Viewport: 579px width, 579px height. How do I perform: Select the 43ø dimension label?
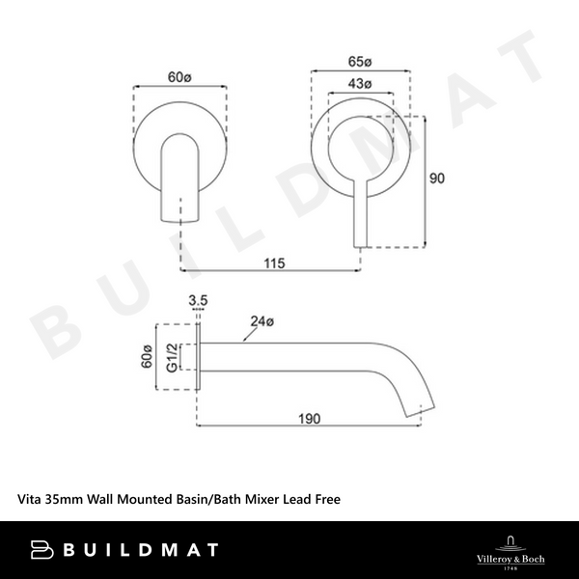[x=362, y=84]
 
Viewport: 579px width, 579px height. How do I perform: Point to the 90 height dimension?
[x=439, y=179]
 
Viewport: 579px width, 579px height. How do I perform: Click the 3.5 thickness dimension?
[x=199, y=302]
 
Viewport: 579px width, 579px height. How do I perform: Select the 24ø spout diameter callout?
[x=262, y=320]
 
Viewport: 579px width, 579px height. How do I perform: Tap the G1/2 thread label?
[x=171, y=357]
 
